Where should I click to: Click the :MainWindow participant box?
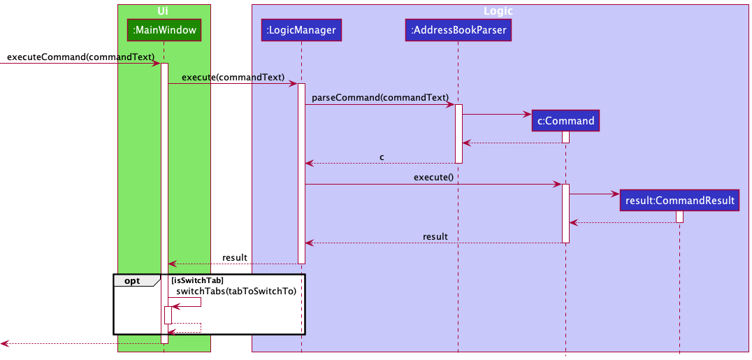point(164,30)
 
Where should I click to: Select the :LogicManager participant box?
point(301,30)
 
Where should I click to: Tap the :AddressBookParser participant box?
point(458,30)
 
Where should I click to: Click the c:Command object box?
point(565,121)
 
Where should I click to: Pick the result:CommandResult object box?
point(679,201)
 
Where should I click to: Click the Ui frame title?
point(164,11)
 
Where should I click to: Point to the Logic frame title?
point(499,11)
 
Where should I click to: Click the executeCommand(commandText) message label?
point(80,56)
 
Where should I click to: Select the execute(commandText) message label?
point(233,77)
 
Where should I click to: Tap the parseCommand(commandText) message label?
point(379,97)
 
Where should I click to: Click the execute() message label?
point(433,177)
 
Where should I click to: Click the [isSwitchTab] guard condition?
point(197,280)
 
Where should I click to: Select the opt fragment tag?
point(131,280)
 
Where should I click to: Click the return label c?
point(382,157)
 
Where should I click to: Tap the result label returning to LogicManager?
point(435,236)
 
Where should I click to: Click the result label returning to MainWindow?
point(234,257)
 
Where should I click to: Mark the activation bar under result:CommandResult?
point(679,217)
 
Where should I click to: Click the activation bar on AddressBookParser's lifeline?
point(458,134)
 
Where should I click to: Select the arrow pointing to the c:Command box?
point(496,114)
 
